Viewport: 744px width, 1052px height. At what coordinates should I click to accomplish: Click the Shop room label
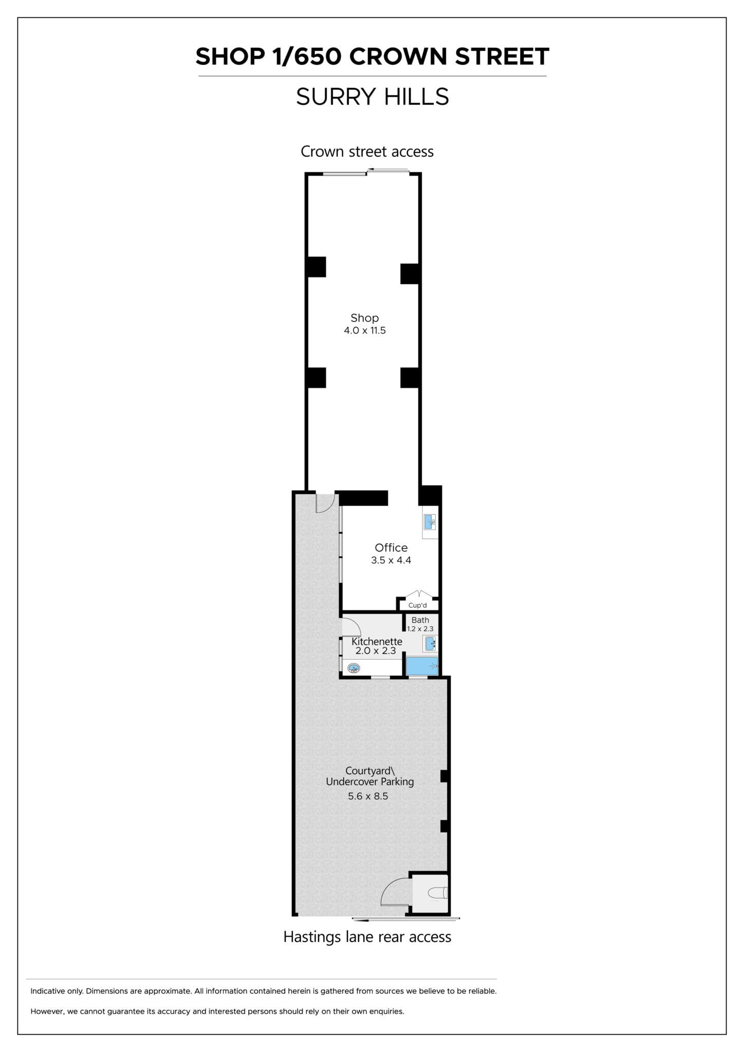(364, 318)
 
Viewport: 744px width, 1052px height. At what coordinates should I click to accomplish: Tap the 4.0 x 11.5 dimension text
(365, 330)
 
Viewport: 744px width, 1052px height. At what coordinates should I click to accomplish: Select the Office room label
(391, 548)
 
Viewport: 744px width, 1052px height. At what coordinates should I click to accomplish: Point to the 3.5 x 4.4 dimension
(391, 560)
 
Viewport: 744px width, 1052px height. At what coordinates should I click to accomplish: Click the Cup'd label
(417, 605)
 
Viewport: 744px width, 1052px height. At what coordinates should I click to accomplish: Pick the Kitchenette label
(377, 642)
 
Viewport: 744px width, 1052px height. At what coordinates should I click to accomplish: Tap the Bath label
(420, 620)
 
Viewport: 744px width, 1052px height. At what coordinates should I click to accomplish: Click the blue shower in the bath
(422, 666)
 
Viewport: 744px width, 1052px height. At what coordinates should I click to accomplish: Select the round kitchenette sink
(354, 668)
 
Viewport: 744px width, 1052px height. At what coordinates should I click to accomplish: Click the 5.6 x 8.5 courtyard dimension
(368, 796)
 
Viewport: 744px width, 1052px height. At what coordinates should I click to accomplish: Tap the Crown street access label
(367, 152)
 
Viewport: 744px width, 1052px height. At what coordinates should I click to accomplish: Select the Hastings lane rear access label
(367, 937)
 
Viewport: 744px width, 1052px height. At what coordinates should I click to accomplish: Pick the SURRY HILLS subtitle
(373, 97)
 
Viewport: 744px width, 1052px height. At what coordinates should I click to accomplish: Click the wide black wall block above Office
(364, 498)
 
